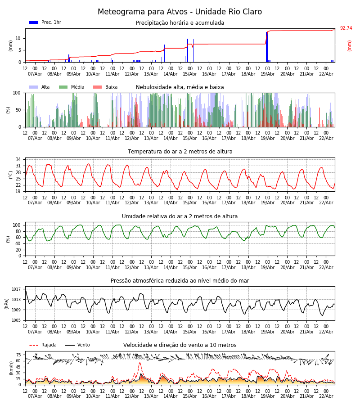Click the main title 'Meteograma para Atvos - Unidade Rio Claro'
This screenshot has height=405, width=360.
coord(180,12)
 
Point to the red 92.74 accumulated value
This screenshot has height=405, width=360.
coord(346,28)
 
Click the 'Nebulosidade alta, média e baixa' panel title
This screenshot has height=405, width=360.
coord(180,87)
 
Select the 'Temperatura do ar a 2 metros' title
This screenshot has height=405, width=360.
coord(180,152)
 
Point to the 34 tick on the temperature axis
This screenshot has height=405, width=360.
coord(18,160)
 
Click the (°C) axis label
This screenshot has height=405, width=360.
coord(11,174)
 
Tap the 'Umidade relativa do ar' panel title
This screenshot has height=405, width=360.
coord(180,216)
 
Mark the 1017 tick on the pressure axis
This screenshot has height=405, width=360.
coord(16,289)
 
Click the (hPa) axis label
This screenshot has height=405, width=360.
coord(7,303)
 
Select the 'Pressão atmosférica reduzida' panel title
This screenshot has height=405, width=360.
coord(180,281)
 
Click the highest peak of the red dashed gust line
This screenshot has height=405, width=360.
coord(139,362)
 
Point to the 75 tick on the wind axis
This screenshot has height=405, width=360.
coord(18,355)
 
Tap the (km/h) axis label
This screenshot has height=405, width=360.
coord(11,368)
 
